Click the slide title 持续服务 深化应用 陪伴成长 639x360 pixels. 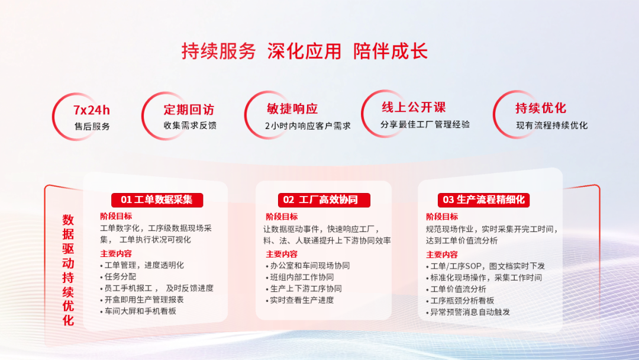[x=304, y=52]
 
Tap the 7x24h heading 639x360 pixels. [x=92, y=110]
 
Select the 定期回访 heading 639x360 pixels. [x=189, y=110]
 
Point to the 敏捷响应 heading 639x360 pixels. [x=292, y=109]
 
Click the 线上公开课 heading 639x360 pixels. [x=414, y=107]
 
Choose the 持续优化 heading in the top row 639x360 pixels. [x=541, y=108]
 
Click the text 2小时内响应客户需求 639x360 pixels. [x=308, y=126]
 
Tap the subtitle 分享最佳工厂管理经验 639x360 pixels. [x=425, y=124]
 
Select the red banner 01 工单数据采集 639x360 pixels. [x=157, y=200]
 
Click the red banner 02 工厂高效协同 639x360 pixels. [x=320, y=200]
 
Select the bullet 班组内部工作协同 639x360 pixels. [x=302, y=277]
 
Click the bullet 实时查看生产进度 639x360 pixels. [x=302, y=300]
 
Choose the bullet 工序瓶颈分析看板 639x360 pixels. [x=462, y=300]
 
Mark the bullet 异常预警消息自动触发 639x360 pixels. [x=470, y=311]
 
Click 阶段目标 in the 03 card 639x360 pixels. [x=442, y=217]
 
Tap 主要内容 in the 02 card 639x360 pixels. [x=282, y=254]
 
